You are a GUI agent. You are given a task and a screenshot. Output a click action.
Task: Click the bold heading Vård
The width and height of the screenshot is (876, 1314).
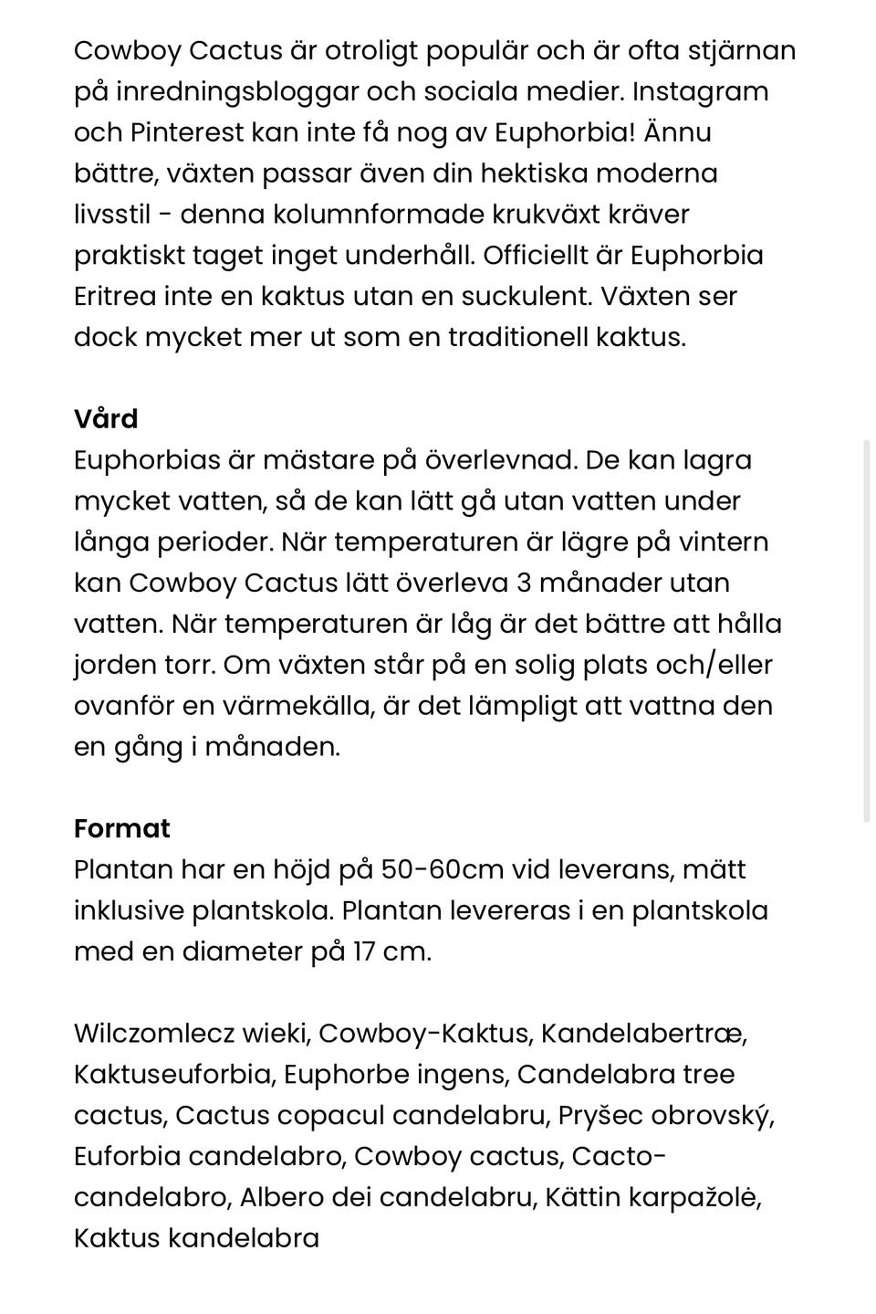106,419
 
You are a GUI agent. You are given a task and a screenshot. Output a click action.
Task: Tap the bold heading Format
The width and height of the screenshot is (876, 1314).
122,829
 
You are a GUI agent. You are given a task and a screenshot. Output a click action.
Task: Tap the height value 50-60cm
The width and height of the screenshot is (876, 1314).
442,869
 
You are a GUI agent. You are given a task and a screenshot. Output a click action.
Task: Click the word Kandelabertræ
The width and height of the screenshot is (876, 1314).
644,1034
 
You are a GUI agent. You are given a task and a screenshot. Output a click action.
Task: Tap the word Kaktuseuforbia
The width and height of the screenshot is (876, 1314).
173,1075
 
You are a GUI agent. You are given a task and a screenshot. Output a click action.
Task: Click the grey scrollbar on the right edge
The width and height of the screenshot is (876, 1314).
866,630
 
